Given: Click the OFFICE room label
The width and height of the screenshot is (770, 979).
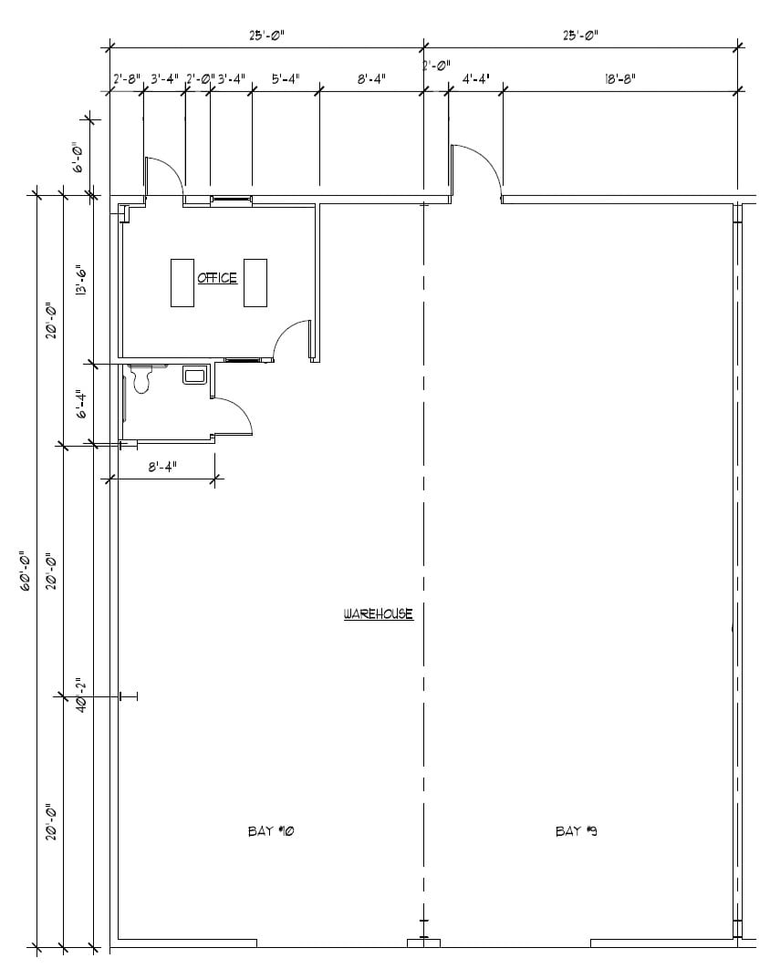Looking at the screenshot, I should pos(217,278).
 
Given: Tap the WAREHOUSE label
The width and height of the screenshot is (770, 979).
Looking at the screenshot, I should pos(378,614).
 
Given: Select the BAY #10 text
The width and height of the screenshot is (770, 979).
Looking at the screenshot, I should pos(270,831).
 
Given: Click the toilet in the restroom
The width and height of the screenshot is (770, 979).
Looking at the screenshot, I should pos(140,377).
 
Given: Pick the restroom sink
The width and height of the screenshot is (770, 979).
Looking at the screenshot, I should pos(194,375).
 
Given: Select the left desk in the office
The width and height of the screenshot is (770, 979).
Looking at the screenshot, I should pos(183,283).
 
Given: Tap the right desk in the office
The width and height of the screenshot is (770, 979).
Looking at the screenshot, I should pos(255,283).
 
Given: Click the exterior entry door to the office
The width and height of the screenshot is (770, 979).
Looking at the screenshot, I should pos(165,177).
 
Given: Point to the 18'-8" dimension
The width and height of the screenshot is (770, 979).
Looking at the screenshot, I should pos(619,78).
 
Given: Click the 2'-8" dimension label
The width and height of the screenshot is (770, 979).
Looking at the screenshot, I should pos(126,78).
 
